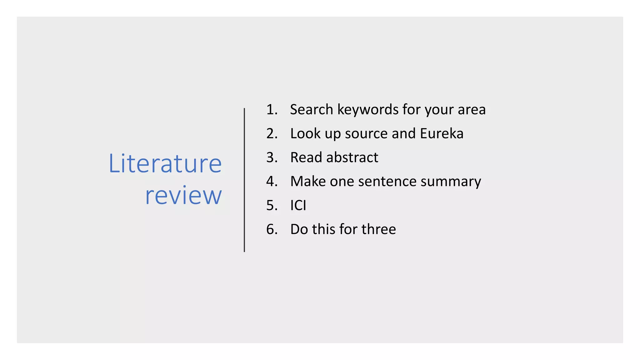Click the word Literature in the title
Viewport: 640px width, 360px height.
tap(165, 163)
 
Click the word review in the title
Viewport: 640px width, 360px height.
tap(183, 195)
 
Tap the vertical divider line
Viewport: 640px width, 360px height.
tap(244, 180)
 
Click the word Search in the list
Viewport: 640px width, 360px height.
tap(312, 110)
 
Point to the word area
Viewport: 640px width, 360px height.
tap(472, 110)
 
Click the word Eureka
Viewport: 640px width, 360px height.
tap(442, 133)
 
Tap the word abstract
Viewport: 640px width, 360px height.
tap(352, 157)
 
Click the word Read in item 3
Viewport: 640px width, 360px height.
tap(306, 157)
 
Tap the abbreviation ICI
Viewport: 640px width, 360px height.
tap(298, 205)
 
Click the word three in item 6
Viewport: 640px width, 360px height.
tap(379, 229)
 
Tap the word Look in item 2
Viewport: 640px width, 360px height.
tap(305, 133)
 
